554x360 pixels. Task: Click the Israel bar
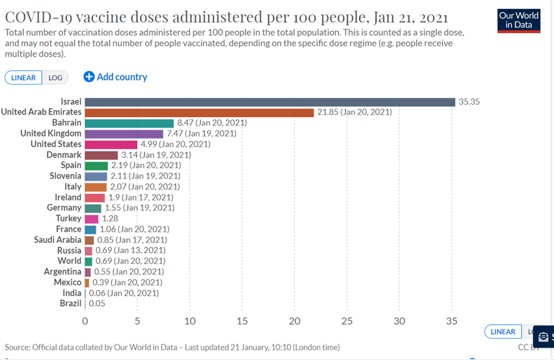pyautogui.click(x=270, y=102)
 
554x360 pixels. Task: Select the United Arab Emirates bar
pyautogui.click(x=199, y=112)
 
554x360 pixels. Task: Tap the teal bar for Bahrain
pyautogui.click(x=129, y=123)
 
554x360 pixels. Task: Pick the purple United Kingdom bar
pyautogui.click(x=124, y=133)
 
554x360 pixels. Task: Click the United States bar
pyautogui.click(x=111, y=144)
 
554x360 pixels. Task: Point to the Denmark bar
pyautogui.click(x=101, y=155)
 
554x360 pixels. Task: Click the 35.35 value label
pyautogui.click(x=469, y=102)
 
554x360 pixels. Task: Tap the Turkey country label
pyautogui.click(x=69, y=218)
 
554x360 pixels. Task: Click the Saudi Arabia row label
pyautogui.click(x=58, y=240)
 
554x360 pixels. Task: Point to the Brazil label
pyautogui.click(x=70, y=303)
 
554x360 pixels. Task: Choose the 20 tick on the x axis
pyautogui.click(x=295, y=321)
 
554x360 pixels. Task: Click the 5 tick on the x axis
pyautogui.click(x=137, y=321)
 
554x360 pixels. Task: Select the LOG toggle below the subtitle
pyautogui.click(x=55, y=77)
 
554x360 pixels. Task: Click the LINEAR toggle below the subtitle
pyautogui.click(x=23, y=77)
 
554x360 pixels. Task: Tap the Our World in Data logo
pyautogui.click(x=518, y=20)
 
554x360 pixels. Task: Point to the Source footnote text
pyautogui.click(x=172, y=347)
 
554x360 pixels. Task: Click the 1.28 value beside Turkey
pyautogui.click(x=110, y=218)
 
